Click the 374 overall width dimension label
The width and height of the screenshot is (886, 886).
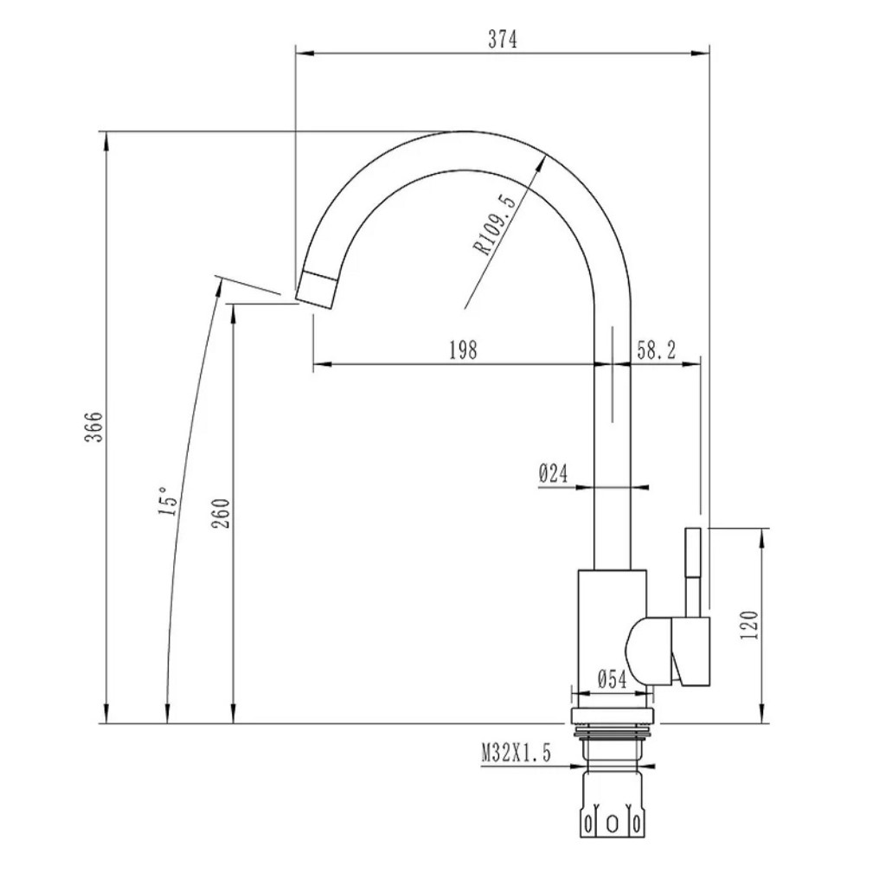(x=503, y=40)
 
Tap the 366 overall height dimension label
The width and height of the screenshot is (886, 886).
(x=94, y=427)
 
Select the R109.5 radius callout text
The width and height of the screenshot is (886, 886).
(x=496, y=225)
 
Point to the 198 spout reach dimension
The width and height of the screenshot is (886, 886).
(x=464, y=350)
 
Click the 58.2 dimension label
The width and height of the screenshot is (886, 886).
(x=657, y=350)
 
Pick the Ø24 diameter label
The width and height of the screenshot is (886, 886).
(x=553, y=473)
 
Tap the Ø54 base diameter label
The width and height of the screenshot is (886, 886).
(x=612, y=680)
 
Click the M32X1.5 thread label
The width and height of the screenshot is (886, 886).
(x=516, y=754)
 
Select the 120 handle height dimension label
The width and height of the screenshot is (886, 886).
(x=748, y=625)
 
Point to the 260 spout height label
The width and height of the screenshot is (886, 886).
(x=221, y=513)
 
